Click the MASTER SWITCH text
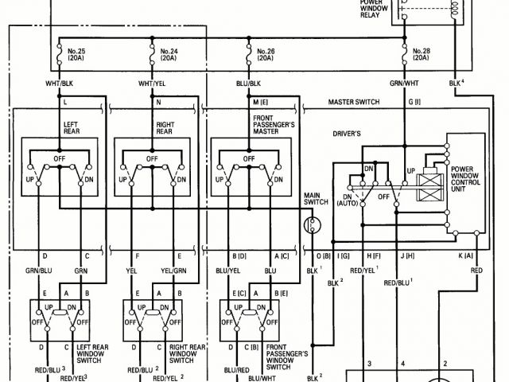354,103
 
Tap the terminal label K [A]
465,255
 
